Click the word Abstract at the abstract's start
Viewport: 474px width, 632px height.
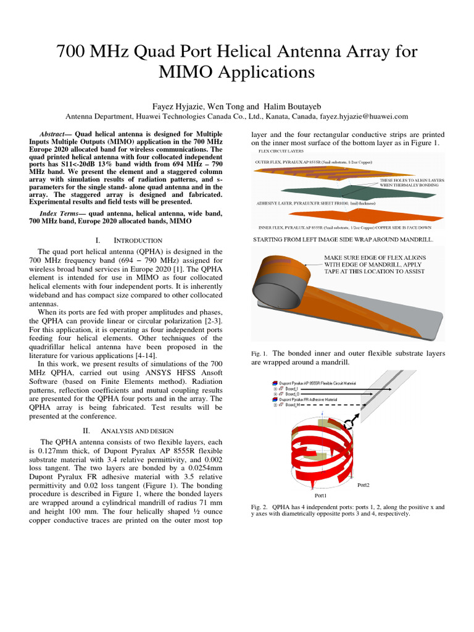[x=52, y=134]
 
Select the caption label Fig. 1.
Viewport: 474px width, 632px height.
[x=259, y=354]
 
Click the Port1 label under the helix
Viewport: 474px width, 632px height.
[x=321, y=496]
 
